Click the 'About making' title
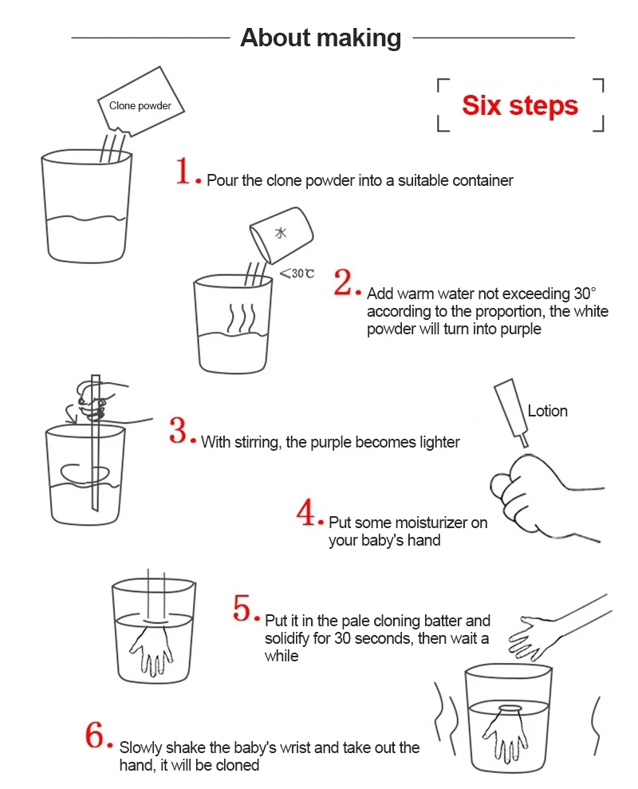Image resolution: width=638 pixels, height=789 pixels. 321,37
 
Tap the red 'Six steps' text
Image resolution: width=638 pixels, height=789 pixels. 520,105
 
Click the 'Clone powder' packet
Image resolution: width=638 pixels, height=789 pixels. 141,101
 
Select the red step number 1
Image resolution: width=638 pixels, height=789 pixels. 183,171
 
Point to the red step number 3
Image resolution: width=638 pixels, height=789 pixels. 179,430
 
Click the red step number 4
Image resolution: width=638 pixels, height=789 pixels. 306,512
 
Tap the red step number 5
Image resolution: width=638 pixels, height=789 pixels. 242,608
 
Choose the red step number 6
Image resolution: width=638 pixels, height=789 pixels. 95,736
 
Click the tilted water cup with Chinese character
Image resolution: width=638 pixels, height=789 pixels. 282,235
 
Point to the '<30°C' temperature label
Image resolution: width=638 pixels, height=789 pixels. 297,273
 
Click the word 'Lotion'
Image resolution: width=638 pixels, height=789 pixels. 547,411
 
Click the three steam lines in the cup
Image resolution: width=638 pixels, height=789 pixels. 242,318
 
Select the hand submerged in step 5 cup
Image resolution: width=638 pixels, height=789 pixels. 152,649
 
